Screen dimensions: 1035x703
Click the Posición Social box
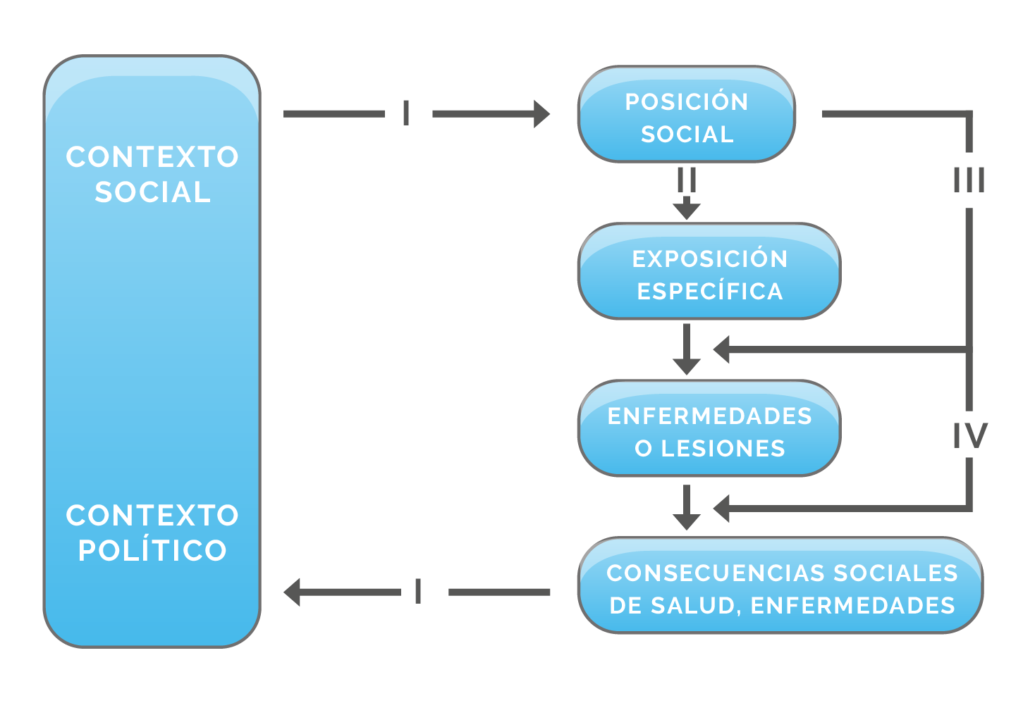pos(687,114)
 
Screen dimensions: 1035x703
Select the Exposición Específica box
pos(709,271)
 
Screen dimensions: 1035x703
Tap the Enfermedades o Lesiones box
pos(709,428)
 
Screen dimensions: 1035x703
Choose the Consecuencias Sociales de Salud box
pos(781,585)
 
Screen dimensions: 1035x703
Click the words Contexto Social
pos(152,174)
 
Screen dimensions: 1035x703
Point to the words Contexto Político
pos(152,533)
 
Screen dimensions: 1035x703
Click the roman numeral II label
pos(687,180)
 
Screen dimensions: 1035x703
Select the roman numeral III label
pos(969,180)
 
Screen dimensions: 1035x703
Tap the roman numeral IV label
pos(970,435)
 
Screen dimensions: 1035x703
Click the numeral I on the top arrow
pos(406,113)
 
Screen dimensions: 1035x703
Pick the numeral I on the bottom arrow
pos(418,591)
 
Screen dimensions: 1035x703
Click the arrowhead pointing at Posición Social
pos(541,114)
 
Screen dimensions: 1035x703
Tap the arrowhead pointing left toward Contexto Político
pos(292,592)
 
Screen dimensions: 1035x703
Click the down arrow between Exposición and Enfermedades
pos(687,349)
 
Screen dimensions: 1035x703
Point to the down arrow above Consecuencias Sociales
pos(687,507)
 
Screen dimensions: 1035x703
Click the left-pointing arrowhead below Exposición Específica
pos(722,349)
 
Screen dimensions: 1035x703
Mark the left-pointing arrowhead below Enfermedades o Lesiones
pos(722,509)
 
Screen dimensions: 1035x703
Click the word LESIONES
pos(723,449)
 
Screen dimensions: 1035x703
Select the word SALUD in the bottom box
pos(693,606)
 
